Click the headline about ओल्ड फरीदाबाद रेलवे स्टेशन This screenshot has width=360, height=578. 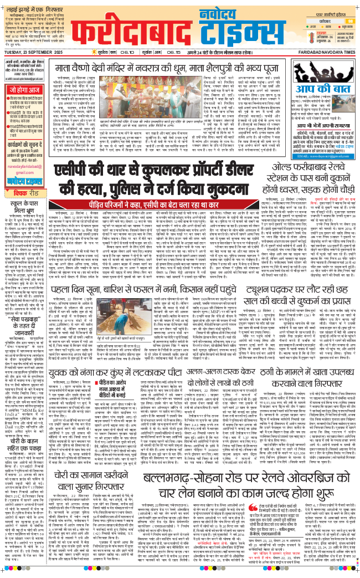313,178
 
